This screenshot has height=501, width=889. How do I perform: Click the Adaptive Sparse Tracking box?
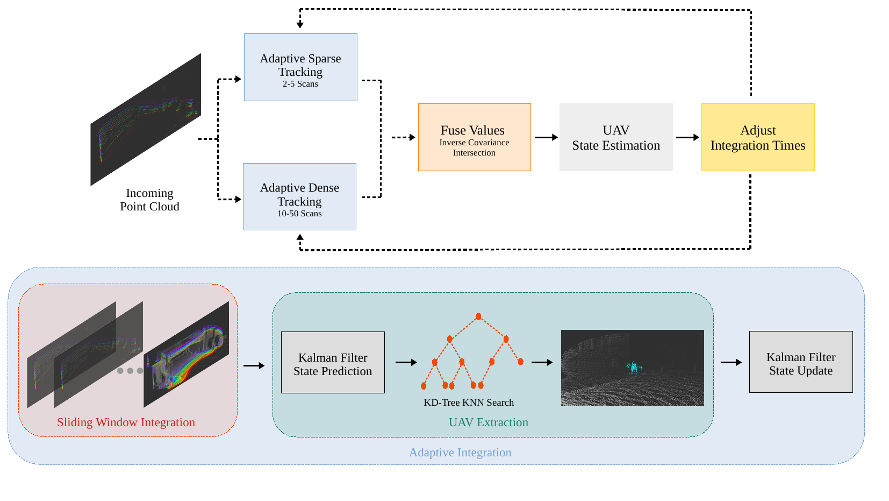(300, 67)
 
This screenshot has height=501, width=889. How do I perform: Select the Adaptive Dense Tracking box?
(299, 196)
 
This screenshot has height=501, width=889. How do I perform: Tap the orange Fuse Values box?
(474, 137)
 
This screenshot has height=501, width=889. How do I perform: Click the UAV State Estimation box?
(616, 137)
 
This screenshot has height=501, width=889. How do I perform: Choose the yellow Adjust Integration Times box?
(758, 137)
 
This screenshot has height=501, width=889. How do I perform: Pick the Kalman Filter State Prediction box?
(333, 362)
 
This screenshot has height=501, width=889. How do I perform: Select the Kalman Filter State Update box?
(801, 362)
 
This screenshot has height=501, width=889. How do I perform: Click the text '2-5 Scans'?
(300, 84)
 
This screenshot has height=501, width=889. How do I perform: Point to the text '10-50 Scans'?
(299, 213)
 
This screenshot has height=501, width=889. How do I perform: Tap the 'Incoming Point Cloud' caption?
(149, 200)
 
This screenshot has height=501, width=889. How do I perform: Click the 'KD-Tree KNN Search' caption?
(469, 403)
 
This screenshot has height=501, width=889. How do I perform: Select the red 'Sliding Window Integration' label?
(126, 422)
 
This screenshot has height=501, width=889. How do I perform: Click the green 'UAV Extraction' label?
(489, 422)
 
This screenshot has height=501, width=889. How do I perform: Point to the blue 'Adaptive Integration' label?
(461, 452)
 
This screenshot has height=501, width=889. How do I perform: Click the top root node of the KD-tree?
(479, 316)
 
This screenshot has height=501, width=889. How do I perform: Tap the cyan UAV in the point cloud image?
(634, 368)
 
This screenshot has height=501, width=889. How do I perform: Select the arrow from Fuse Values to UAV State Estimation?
(546, 137)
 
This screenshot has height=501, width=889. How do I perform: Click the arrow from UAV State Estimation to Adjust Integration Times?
(688, 137)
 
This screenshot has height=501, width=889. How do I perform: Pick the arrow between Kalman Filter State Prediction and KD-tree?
(406, 362)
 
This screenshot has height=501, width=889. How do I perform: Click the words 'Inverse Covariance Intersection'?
(474, 147)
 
